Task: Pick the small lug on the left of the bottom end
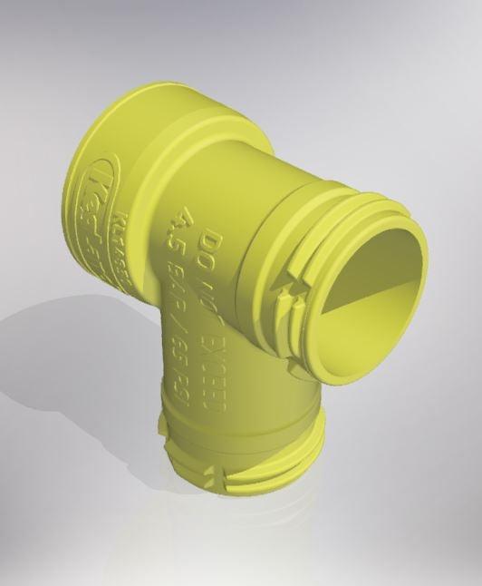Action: tap(163, 425)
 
